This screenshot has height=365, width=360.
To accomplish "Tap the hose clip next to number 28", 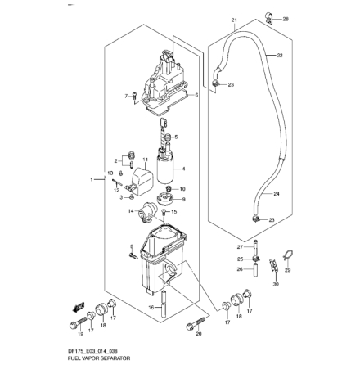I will pyautogui.click(x=270, y=14).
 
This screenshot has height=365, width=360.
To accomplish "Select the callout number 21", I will pyautogui.click(x=234, y=20).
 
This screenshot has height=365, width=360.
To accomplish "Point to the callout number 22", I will pyautogui.click(x=280, y=56).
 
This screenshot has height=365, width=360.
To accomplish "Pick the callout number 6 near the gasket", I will pyautogui.click(x=196, y=94).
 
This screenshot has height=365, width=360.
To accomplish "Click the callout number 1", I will pyautogui.click(x=91, y=178).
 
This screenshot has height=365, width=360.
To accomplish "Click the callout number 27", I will pyautogui.click(x=239, y=245).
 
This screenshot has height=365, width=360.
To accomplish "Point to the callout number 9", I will pyautogui.click(x=182, y=198).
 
